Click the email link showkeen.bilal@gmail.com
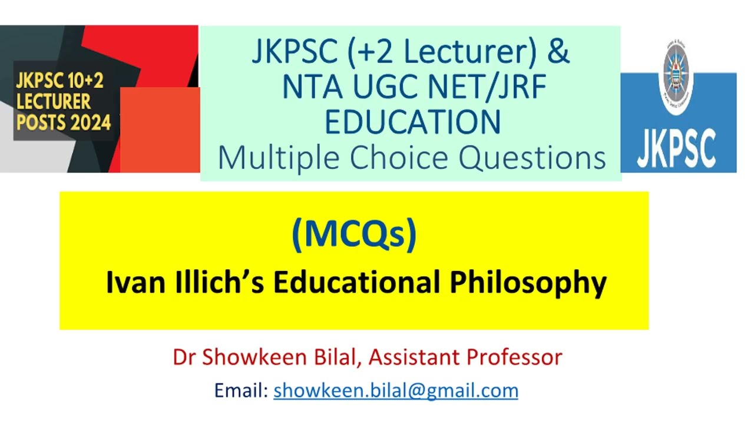click(395, 390)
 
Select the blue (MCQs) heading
click(354, 233)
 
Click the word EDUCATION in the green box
click(412, 121)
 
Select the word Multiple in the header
click(276, 158)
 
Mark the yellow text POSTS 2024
click(63, 123)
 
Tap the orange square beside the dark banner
click(160, 130)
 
